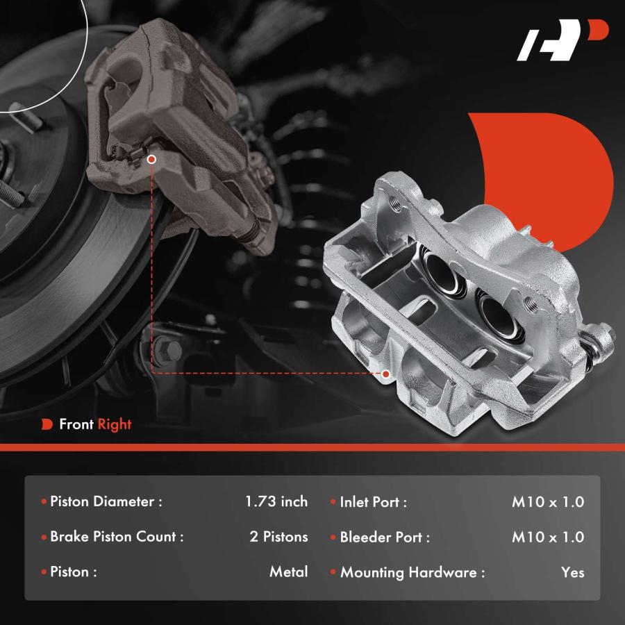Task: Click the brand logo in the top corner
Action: tap(562, 40)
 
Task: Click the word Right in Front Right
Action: tap(115, 424)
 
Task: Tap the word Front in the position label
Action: tap(76, 424)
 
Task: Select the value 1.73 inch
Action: tap(276, 501)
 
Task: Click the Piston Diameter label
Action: tap(106, 501)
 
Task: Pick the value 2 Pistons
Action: tap(278, 537)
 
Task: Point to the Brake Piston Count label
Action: tap(117, 537)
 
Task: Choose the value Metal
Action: tap(289, 572)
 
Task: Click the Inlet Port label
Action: tap(373, 502)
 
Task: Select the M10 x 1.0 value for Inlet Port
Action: tap(548, 502)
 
